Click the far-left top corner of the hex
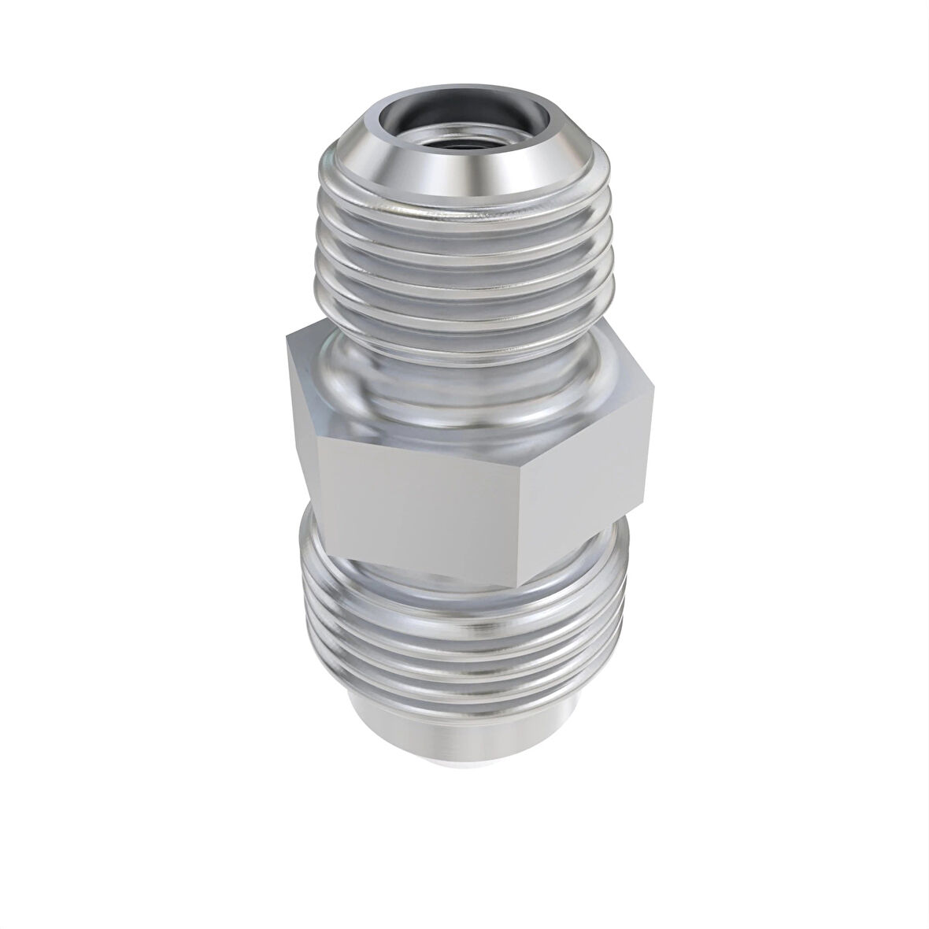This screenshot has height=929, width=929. (x=288, y=335)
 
